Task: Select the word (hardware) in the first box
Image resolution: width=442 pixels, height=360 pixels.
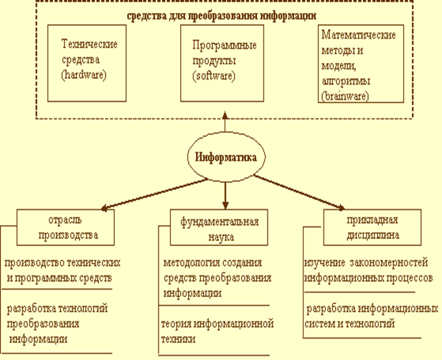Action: point(84,75)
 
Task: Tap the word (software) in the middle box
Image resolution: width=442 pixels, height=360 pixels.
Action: point(214,76)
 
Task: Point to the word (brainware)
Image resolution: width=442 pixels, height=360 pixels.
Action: point(345,96)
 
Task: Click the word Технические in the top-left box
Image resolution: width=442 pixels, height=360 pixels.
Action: point(90,44)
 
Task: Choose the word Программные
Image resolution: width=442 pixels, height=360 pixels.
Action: point(225,45)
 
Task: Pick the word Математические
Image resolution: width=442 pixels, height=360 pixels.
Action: point(359,35)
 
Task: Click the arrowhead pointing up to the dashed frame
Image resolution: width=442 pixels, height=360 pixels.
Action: point(225,115)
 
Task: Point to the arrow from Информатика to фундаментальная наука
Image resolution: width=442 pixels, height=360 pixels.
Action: point(225,196)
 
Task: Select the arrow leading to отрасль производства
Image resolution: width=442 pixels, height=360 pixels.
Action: point(154,194)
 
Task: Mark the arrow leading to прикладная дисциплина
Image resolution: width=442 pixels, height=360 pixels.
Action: point(299,193)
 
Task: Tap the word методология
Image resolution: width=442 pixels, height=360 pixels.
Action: point(192,263)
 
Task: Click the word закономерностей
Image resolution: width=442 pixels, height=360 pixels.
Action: point(389,262)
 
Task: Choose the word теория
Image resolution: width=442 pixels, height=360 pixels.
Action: point(176,324)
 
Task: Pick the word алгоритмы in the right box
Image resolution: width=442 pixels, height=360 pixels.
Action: point(346,81)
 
